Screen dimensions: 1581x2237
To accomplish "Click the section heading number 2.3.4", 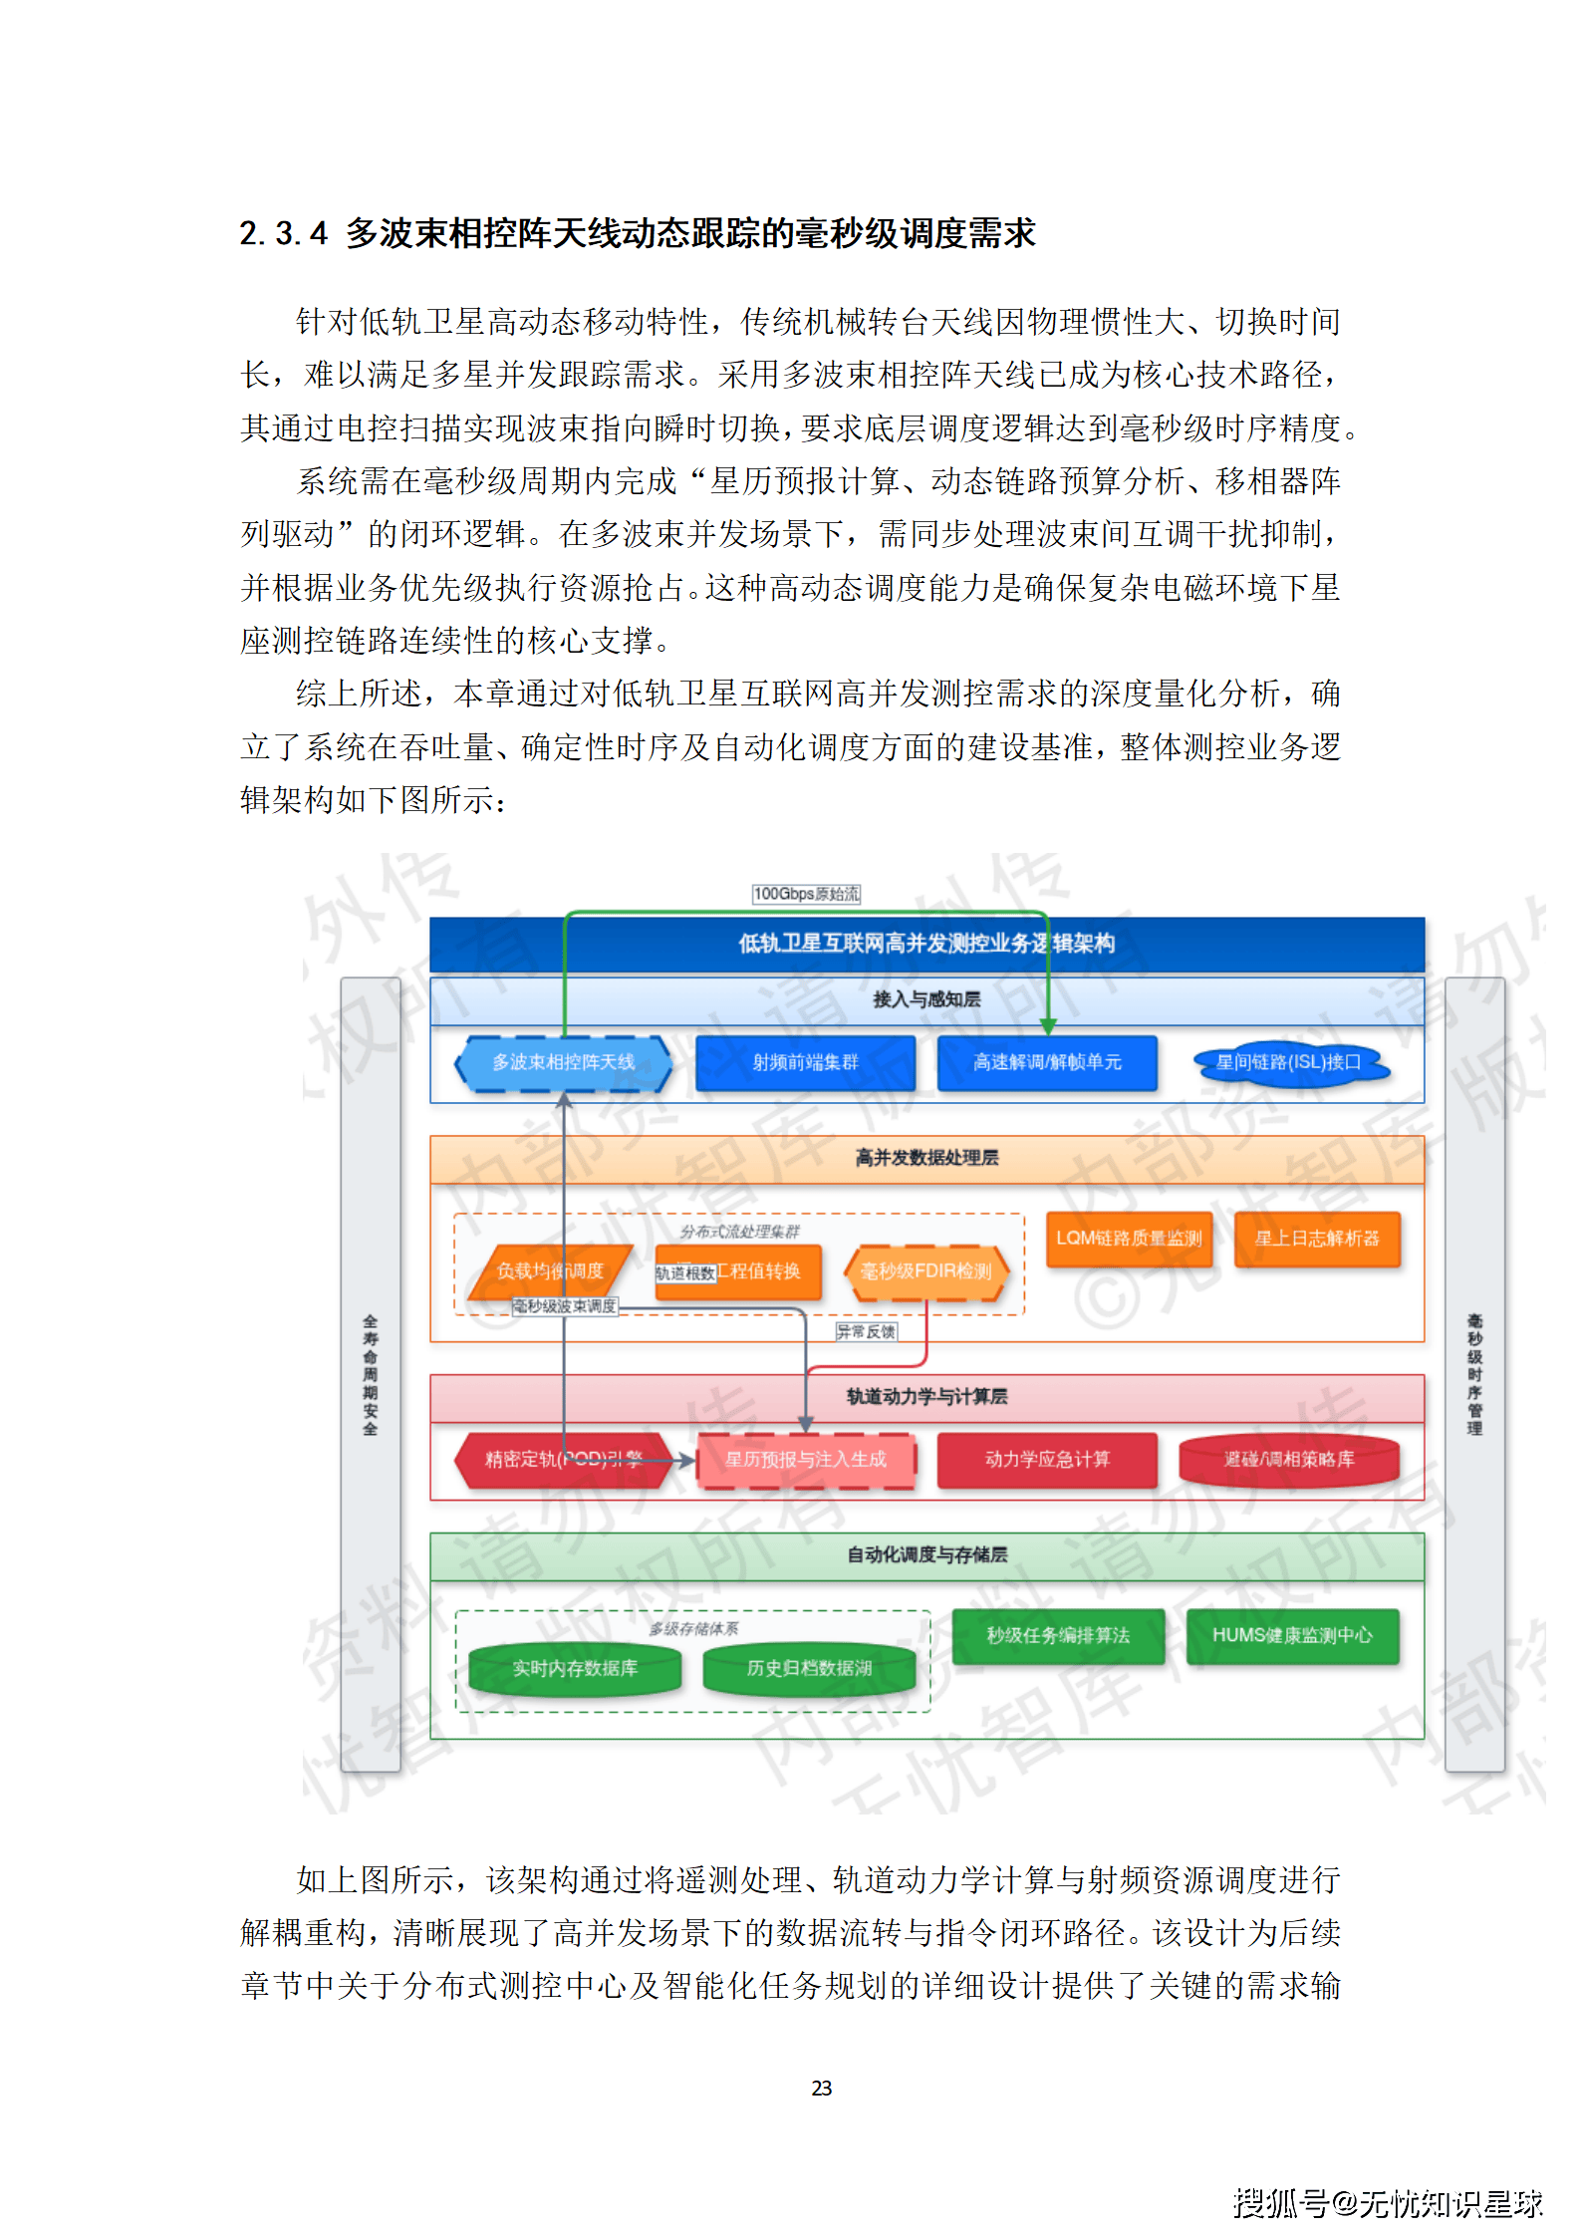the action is pos(283,233).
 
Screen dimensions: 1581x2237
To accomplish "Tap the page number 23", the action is pos(821,2088).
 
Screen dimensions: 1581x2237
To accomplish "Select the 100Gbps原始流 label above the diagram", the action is pos(806,894).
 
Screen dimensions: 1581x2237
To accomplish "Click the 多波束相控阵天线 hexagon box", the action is pos(563,1063).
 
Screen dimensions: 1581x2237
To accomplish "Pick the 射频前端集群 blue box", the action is pos(805,1063).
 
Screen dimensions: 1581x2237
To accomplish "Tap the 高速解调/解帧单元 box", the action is pos(1047,1063).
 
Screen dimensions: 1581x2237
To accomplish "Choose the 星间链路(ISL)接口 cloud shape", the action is pos(1288,1063).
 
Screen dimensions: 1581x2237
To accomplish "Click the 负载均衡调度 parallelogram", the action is pos(550,1271).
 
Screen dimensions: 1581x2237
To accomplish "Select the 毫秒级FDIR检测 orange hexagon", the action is pos(925,1271).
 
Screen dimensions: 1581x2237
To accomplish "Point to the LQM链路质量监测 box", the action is pos(1129,1239).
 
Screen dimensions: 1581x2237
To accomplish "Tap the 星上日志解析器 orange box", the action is pos(1317,1239).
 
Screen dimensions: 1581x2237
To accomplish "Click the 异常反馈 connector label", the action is pos(866,1332).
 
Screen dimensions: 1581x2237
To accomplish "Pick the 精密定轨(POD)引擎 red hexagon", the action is pos(563,1460).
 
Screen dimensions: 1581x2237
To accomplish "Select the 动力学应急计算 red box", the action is pos(1047,1460).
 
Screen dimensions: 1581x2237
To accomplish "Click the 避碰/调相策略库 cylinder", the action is pos(1288,1460).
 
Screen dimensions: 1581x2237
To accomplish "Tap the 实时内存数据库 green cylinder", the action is pos(575,1668).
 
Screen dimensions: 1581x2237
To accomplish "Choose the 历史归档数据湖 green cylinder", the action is pos(809,1668).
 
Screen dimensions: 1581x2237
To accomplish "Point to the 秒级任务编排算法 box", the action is pos(1058,1635).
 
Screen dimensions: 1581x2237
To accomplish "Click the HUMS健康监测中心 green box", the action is pos(1292,1635).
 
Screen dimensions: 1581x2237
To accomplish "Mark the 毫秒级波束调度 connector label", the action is pos(565,1306).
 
